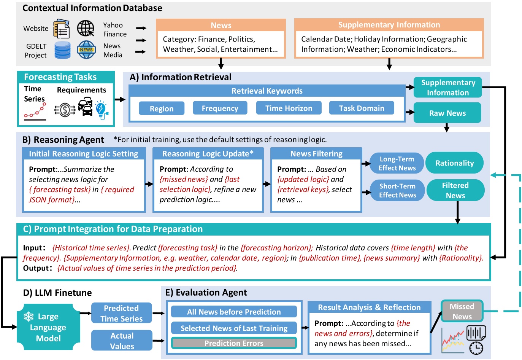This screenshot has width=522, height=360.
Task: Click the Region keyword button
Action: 162,108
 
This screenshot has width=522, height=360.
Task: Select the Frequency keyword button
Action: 220,108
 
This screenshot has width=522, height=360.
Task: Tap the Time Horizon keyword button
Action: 289,108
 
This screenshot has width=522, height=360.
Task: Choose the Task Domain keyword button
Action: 362,108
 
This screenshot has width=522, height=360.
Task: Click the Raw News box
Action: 447,113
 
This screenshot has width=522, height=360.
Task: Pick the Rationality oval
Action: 454,162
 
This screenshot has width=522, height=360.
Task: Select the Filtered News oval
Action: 455,190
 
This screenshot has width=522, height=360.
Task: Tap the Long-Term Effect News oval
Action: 397,163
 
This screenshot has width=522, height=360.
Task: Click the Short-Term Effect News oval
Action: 397,190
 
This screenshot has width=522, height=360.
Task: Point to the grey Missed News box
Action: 462,311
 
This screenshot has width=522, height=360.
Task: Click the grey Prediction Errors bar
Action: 234,343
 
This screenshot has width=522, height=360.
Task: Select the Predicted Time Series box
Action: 121,313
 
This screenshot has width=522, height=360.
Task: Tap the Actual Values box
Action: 122,341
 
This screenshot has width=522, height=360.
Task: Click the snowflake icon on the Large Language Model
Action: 29,316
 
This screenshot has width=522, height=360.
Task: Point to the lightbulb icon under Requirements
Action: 102,110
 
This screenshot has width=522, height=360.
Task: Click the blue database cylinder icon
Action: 62,50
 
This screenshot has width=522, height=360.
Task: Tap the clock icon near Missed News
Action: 476,348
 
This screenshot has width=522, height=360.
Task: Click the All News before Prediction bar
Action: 234,311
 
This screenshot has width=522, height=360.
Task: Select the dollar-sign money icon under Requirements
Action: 65,110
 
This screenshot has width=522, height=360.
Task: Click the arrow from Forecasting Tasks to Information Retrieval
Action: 120,100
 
